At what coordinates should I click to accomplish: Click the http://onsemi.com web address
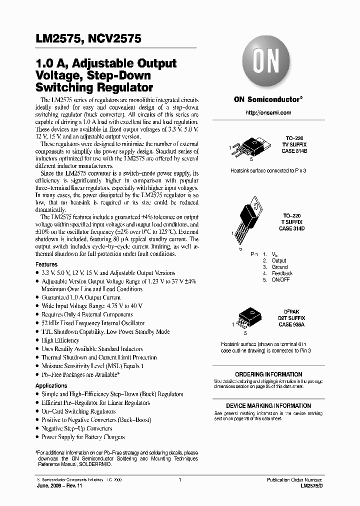click(x=268, y=112)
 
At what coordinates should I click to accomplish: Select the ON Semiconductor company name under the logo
click(x=267, y=99)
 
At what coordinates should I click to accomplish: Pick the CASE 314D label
click(x=292, y=228)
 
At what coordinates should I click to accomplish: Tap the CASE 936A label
click(x=292, y=324)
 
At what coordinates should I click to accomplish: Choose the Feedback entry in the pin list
click(x=282, y=273)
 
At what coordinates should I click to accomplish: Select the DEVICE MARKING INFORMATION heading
click(x=268, y=406)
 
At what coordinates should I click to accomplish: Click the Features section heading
click(x=46, y=264)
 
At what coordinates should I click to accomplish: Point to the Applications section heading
click(x=51, y=385)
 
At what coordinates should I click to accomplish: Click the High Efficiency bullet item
click(x=60, y=340)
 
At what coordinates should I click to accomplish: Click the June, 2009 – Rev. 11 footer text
click(x=58, y=486)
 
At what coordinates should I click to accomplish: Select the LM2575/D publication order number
click(x=311, y=486)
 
